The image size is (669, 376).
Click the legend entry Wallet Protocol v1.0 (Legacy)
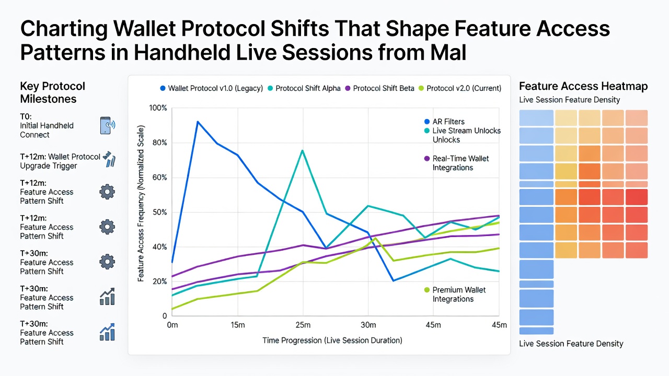[x=212, y=88]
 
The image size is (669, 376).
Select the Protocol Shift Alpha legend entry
[x=304, y=88]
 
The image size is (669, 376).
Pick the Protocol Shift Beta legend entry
[x=379, y=88]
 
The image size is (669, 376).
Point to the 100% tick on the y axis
[x=158, y=108]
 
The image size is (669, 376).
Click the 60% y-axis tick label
[x=159, y=178]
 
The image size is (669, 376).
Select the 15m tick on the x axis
[x=238, y=325]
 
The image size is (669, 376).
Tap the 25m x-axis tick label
[x=303, y=325]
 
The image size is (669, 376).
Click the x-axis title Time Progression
[x=332, y=340]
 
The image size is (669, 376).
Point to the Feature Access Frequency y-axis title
[x=141, y=203]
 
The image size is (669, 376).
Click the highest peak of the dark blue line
[x=198, y=122]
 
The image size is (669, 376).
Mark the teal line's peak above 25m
[x=303, y=150]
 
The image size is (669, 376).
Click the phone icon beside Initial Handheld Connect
[x=107, y=125]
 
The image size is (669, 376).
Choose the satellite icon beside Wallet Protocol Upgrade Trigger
[x=109, y=159]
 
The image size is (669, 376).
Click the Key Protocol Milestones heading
[x=53, y=92]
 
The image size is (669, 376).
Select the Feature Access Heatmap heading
[x=583, y=86]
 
